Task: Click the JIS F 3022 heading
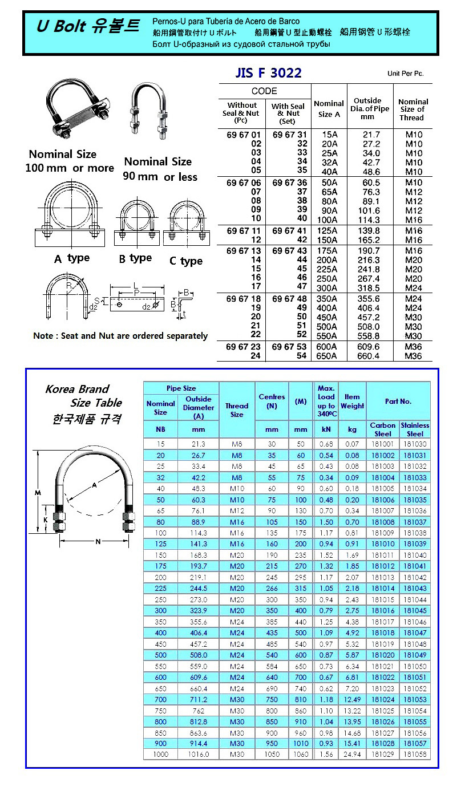tap(268, 73)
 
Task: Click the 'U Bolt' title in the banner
tap(62, 26)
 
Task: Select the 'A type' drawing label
tap(72, 258)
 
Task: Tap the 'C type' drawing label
tap(185, 261)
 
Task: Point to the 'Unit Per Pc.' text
tap(405, 74)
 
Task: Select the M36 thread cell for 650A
tap(413, 356)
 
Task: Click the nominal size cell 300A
tap(329, 288)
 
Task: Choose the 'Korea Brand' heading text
tap(77, 389)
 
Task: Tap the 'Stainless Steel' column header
tap(415, 429)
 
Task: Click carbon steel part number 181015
tap(383, 600)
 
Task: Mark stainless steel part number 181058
tap(415, 755)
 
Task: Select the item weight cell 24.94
tap(352, 755)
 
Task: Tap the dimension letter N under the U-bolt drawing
tap(98, 542)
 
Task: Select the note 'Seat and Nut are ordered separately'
tap(120, 336)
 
